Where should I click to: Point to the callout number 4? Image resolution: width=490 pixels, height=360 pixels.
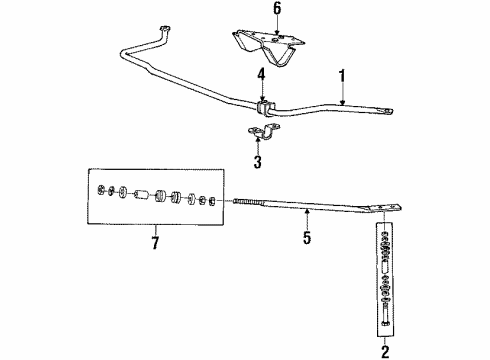262,73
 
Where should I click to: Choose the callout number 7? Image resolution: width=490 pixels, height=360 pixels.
155,242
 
